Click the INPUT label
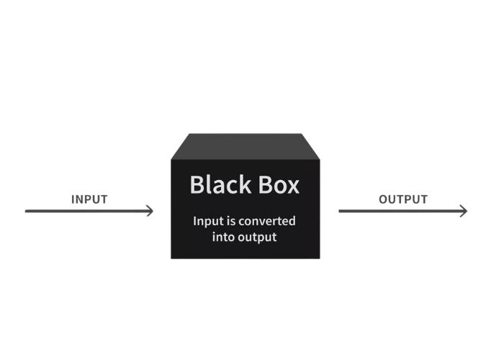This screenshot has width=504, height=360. [x=89, y=199]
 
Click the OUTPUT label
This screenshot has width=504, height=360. [x=403, y=199]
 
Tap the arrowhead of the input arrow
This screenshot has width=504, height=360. [x=150, y=211]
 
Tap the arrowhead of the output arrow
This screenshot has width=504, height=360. [x=464, y=211]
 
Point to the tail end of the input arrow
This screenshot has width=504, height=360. [x=27, y=211]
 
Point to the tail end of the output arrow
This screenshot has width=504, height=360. [x=340, y=211]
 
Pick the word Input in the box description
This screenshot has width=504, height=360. [x=207, y=221]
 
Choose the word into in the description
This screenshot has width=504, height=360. [x=225, y=237]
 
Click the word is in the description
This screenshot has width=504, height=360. [x=233, y=221]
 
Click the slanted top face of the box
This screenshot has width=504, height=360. [x=246, y=146]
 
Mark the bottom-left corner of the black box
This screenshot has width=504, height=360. [x=171, y=258]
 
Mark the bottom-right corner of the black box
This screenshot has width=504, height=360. [x=320, y=258]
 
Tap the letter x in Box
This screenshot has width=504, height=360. [x=293, y=186]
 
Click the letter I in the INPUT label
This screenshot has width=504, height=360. [x=73, y=199]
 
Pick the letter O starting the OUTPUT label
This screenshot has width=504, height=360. [x=384, y=199]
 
